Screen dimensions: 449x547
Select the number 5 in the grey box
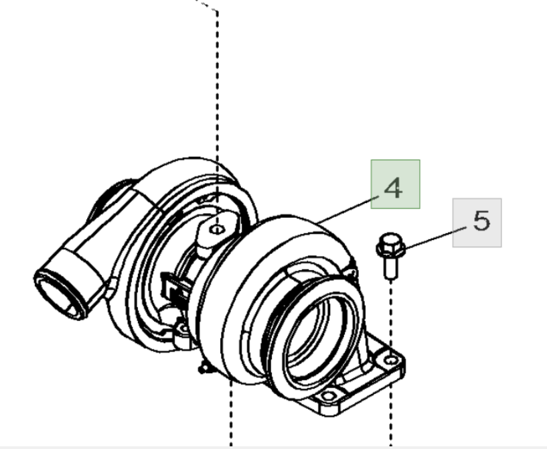(481, 221)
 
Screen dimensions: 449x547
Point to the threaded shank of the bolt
(389, 267)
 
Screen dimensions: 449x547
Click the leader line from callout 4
(348, 208)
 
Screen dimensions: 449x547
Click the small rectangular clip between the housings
(172, 288)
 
